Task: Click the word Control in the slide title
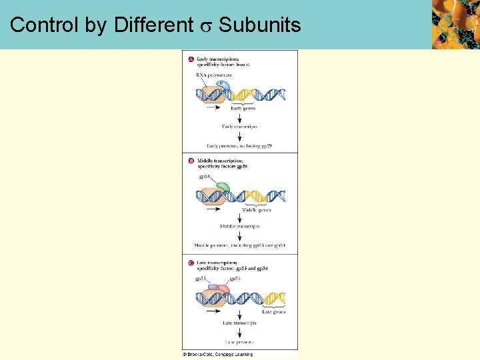pos(45,26)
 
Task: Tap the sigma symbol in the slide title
pos(207,27)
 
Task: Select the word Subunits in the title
pos(260,26)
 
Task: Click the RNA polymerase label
pos(213,75)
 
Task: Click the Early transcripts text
pos(240,126)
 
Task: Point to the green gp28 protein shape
pos(223,188)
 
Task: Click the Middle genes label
pos(256,209)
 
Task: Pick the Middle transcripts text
pos(239,227)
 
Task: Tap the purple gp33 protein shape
pos(213,288)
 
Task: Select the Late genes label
pos(273,311)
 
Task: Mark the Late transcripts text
pos(240,323)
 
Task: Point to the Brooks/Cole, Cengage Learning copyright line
pos(218,354)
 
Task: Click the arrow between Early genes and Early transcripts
pos(240,117)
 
